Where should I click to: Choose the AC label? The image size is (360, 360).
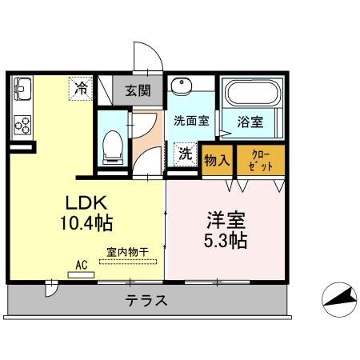point(81,263)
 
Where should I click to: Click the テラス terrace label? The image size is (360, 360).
point(146,301)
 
